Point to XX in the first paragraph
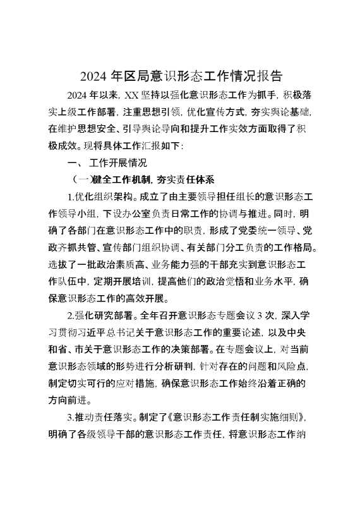pos(131,96)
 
